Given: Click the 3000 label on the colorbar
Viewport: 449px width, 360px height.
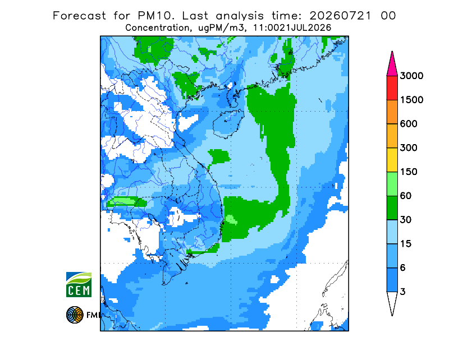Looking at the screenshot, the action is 411,76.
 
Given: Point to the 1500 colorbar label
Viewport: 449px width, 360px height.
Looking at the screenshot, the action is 411,100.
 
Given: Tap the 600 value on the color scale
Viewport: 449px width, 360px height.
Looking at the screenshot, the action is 409,124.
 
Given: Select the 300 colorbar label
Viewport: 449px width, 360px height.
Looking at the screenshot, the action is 409,148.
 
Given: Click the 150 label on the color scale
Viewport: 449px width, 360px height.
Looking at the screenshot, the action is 409,172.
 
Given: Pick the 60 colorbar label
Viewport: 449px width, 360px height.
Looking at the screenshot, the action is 406,196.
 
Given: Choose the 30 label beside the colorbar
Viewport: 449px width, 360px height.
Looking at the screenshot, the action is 406,220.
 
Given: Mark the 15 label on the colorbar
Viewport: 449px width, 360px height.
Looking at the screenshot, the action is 406,244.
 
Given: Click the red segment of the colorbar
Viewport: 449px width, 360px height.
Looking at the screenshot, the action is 392,88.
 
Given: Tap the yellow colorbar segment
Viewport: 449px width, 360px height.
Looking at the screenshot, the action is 392,160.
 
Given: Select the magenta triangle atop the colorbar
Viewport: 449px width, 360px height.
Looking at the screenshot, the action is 392,66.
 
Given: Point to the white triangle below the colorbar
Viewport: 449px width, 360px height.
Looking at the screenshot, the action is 392,302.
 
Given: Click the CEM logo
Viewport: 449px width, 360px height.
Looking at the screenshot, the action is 79,284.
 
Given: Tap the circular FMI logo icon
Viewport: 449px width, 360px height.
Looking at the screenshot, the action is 75,315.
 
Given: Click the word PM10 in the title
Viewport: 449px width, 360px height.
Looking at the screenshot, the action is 156,16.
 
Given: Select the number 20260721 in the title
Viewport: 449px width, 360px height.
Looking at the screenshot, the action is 341,16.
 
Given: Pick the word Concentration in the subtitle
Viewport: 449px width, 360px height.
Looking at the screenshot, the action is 157,28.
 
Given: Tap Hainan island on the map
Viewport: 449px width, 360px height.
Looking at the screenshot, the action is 228,123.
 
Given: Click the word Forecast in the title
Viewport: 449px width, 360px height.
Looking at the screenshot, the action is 79,16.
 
